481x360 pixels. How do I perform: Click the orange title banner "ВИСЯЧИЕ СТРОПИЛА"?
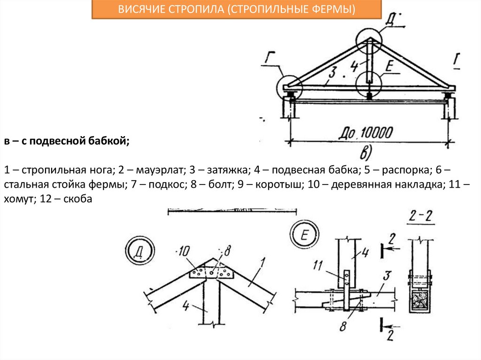[x=236, y=10]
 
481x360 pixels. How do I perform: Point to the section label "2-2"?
[x=421, y=216]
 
